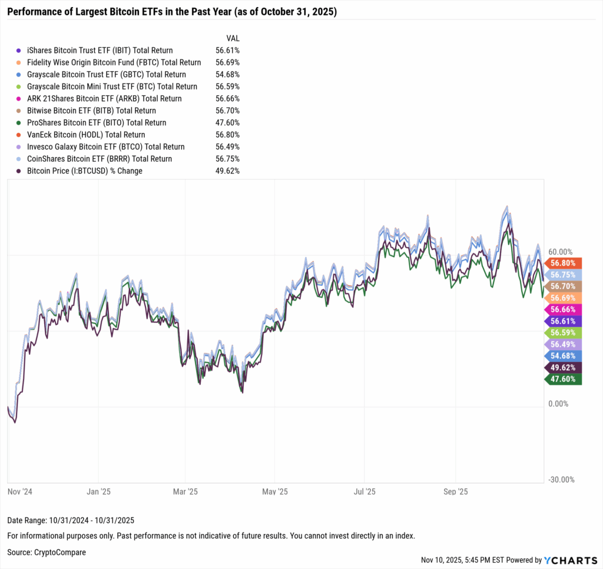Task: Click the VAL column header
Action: pyautogui.click(x=233, y=38)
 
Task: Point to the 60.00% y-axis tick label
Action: pyautogui.click(x=560, y=252)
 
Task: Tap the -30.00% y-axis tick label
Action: pyautogui.click(x=560, y=480)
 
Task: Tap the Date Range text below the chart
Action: pyautogui.click(x=71, y=520)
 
